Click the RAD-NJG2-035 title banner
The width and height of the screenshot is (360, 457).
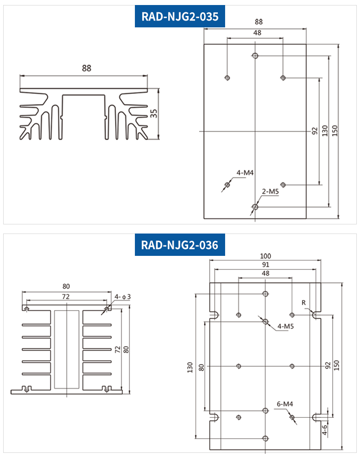180,17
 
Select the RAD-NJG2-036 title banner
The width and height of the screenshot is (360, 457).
180,245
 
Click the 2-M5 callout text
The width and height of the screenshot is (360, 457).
270,192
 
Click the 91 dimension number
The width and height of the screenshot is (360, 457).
265,265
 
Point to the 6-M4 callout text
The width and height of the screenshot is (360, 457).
285,404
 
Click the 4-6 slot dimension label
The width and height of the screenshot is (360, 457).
324,429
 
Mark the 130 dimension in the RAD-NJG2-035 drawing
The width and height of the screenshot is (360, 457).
324,131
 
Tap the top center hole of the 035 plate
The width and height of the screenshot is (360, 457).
255,56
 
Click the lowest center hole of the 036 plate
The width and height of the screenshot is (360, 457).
265,438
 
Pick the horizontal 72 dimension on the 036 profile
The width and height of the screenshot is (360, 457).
66,296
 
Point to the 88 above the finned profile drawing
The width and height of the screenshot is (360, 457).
87,68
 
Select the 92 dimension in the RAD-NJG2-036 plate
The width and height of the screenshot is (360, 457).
328,366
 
